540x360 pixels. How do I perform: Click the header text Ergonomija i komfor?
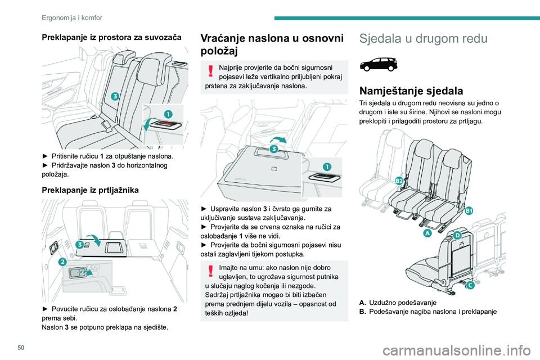tap(72, 17)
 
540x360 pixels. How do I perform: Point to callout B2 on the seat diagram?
tap(399, 181)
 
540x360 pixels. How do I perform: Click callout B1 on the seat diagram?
tap(469, 210)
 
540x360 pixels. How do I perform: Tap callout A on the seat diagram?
tap(427, 232)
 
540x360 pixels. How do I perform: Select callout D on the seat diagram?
tap(457, 235)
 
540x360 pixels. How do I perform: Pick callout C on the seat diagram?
tap(470, 285)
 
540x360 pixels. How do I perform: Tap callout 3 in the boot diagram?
tap(80, 244)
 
